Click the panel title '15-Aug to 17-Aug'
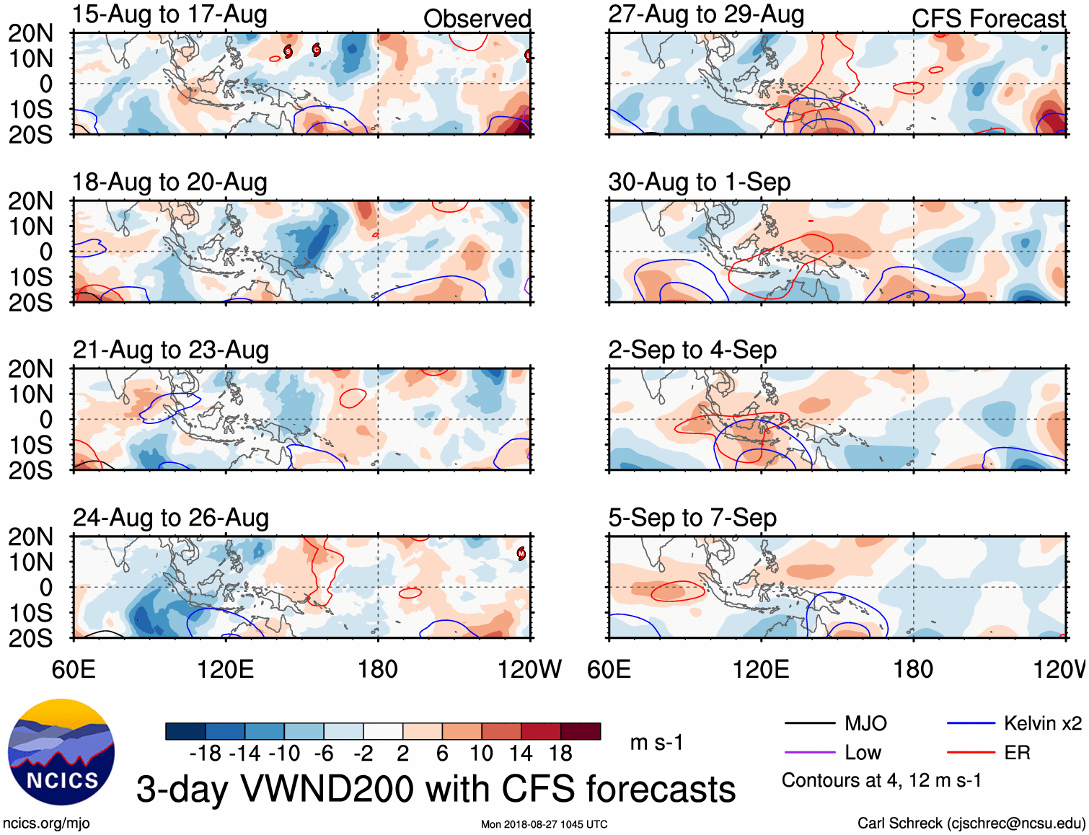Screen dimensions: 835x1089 [x=169, y=14]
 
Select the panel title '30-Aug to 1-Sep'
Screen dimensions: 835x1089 [x=699, y=182]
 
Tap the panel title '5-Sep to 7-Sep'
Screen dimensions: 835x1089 [x=692, y=518]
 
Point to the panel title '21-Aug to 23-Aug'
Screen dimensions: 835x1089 [x=171, y=350]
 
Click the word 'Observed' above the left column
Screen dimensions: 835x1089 [x=477, y=19]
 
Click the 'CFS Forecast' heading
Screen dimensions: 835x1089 [x=988, y=19]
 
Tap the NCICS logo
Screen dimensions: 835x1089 [x=61, y=752]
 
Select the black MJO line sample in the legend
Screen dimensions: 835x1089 [x=809, y=723]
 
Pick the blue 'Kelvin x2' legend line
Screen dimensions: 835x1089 [x=971, y=723]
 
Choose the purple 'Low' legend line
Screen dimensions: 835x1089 [x=809, y=753]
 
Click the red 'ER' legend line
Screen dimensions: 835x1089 [x=971, y=753]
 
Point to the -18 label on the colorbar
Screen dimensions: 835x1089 [x=206, y=754]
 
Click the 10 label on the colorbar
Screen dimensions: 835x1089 [x=481, y=754]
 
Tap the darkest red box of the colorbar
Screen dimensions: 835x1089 [x=581, y=731]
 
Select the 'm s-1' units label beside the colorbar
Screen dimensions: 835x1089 [x=656, y=743]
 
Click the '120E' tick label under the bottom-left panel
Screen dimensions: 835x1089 [x=226, y=670]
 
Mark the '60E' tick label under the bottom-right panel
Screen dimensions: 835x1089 [x=609, y=670]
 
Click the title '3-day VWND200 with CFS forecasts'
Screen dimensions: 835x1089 [x=436, y=790]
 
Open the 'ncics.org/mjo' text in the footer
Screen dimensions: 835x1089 [x=46, y=823]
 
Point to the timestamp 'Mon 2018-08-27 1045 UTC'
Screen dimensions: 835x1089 [x=544, y=824]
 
